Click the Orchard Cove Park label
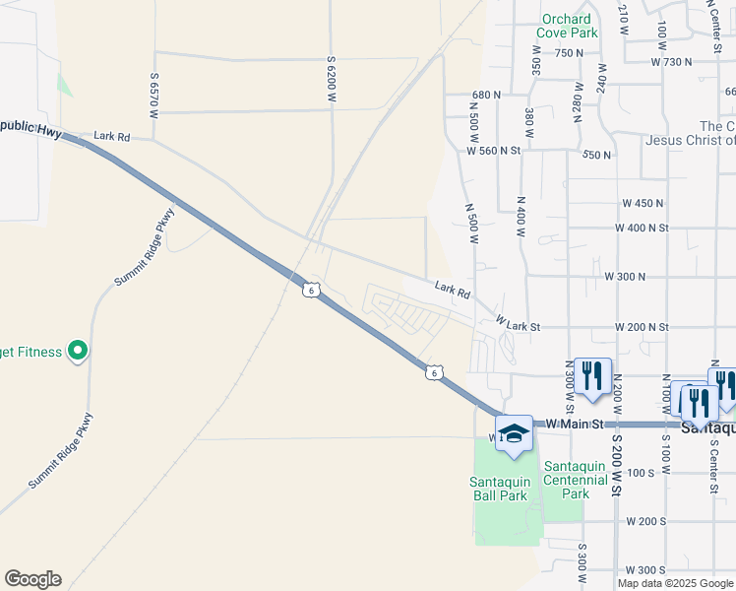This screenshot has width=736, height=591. (x=567, y=26)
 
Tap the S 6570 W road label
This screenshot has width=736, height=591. (x=154, y=95)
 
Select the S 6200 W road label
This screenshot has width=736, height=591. (x=332, y=80)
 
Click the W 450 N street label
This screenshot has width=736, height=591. (x=643, y=203)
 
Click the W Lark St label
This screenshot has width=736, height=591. (x=519, y=322)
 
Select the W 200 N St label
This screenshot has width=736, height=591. (x=642, y=326)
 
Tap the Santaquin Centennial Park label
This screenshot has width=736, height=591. (x=577, y=480)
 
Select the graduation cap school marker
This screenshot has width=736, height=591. (x=514, y=434)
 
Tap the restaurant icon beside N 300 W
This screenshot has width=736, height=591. (x=591, y=377)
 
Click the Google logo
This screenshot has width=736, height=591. (x=32, y=579)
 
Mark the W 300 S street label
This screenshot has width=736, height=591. (x=645, y=570)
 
